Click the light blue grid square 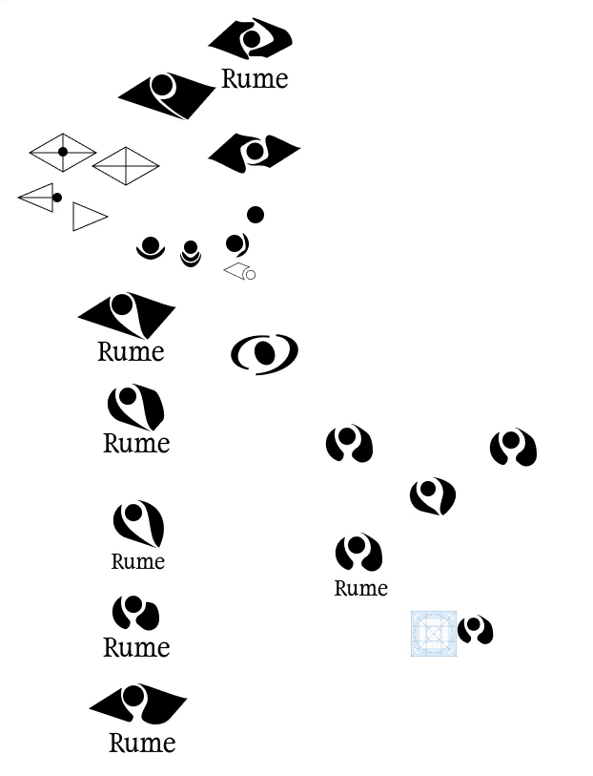click(x=434, y=634)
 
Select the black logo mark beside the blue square click(x=475, y=630)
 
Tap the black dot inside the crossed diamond click(x=63, y=152)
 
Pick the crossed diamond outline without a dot click(x=126, y=166)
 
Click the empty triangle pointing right click(x=88, y=217)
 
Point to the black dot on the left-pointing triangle click(x=57, y=198)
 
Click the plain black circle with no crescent click(x=256, y=215)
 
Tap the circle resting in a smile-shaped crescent click(x=150, y=248)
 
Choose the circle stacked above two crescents click(x=191, y=252)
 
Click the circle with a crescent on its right click(x=236, y=245)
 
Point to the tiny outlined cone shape click(x=239, y=273)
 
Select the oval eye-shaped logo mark click(x=264, y=354)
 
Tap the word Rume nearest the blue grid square click(x=360, y=588)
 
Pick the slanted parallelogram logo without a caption click(x=167, y=95)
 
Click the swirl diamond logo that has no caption click(x=255, y=151)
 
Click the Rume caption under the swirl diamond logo click(x=255, y=79)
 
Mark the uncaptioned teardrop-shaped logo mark click(x=433, y=496)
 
